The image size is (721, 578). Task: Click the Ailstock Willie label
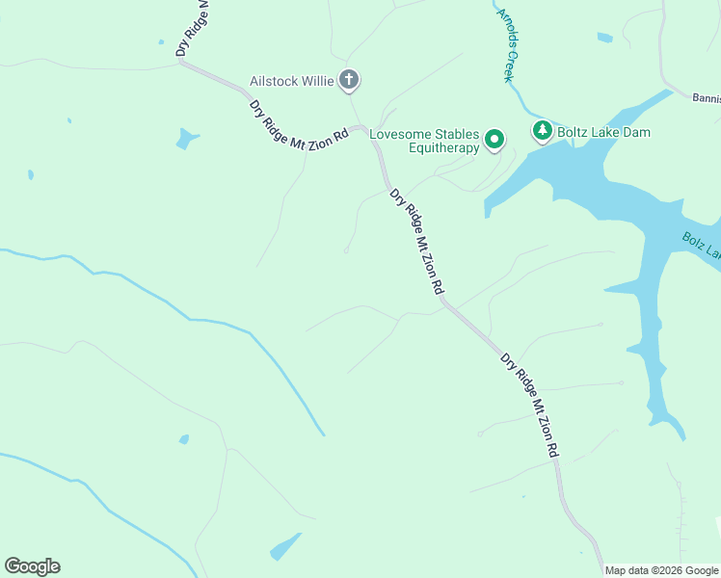[x=291, y=81]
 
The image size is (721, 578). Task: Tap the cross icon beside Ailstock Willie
[x=349, y=80]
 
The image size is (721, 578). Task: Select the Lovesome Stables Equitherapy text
[x=424, y=141]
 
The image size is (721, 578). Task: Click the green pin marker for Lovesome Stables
[x=494, y=141]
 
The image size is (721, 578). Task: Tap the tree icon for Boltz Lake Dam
[x=543, y=130]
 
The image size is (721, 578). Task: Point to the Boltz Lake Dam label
[x=603, y=131]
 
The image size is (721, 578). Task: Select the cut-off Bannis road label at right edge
[x=706, y=97]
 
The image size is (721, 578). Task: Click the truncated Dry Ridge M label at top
[x=193, y=29]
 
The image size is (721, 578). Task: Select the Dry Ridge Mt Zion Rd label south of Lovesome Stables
[x=417, y=241]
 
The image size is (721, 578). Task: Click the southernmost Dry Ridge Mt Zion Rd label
[x=529, y=405]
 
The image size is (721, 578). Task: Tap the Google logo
[x=32, y=566]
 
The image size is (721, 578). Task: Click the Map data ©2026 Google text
[x=661, y=570]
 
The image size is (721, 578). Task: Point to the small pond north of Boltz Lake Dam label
[x=604, y=39]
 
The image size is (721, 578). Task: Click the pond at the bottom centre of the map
[x=284, y=547]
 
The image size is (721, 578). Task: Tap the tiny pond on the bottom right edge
[x=718, y=522]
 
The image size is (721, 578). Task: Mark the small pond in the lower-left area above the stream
[x=183, y=439]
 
